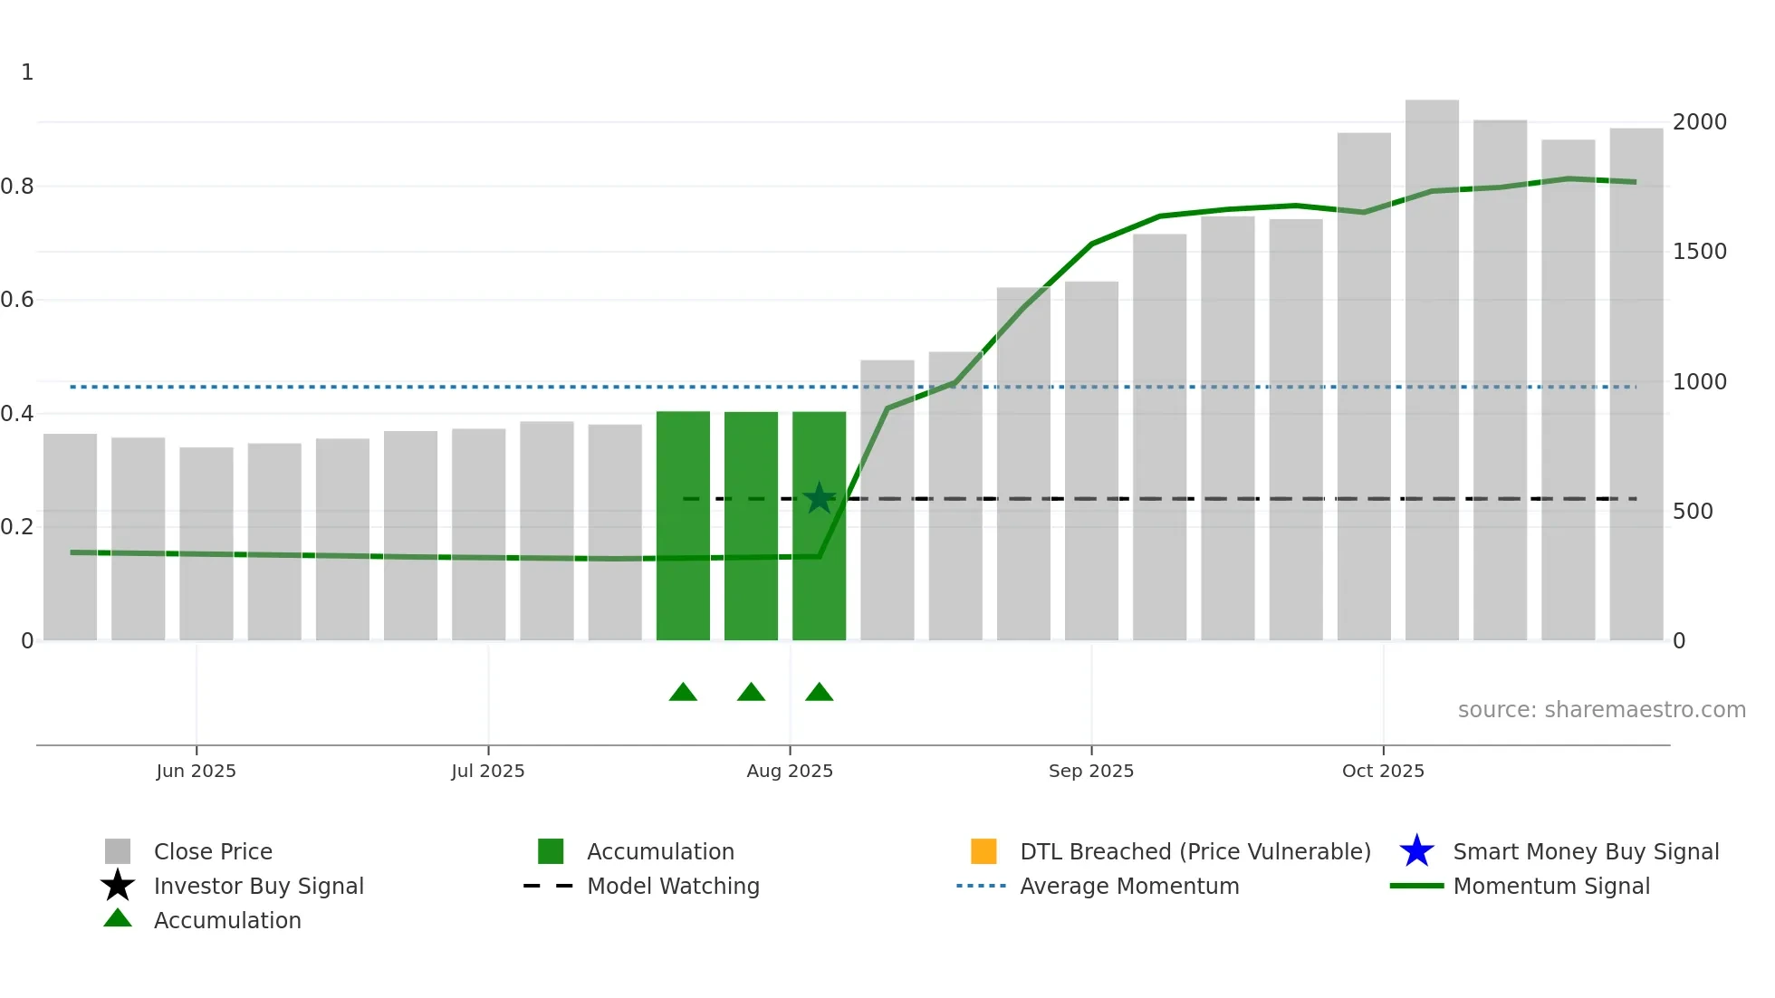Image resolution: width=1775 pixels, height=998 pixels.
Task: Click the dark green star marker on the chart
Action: (x=819, y=498)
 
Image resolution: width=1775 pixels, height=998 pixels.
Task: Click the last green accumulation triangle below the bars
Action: (x=819, y=693)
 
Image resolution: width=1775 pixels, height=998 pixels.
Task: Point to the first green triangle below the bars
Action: (x=683, y=693)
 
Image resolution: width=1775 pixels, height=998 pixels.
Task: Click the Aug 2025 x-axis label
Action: (x=789, y=771)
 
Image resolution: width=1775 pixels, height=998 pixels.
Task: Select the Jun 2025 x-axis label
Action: (x=196, y=771)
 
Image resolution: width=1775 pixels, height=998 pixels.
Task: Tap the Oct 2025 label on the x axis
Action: (x=1382, y=771)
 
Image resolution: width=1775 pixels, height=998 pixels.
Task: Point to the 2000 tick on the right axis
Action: (x=1699, y=121)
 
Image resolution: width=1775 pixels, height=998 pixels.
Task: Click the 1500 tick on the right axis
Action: (x=1699, y=251)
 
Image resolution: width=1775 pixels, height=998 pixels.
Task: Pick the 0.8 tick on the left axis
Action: (x=17, y=187)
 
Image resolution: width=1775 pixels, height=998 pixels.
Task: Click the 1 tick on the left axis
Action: (x=27, y=72)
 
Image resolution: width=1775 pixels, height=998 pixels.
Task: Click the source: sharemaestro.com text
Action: (x=1601, y=710)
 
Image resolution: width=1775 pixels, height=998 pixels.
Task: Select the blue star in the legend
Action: (x=1416, y=851)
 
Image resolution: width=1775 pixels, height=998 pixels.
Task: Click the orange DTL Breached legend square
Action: (x=983, y=851)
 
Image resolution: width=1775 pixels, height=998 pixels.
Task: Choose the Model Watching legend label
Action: (x=673, y=886)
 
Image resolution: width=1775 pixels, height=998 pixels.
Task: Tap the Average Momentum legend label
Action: (x=1128, y=886)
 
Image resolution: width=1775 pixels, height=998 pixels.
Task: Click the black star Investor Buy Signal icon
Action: (x=118, y=886)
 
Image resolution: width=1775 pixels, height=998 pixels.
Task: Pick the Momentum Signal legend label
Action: (x=1550, y=886)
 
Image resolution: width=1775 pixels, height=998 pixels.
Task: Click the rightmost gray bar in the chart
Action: (x=1636, y=389)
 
